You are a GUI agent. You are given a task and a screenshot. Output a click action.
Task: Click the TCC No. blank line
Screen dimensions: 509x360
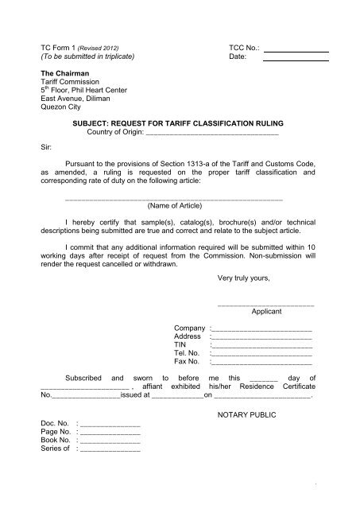[295, 51]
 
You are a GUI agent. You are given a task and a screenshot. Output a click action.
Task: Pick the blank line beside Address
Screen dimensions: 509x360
[261, 339]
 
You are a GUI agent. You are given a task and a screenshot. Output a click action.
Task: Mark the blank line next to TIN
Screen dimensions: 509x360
[261, 348]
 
